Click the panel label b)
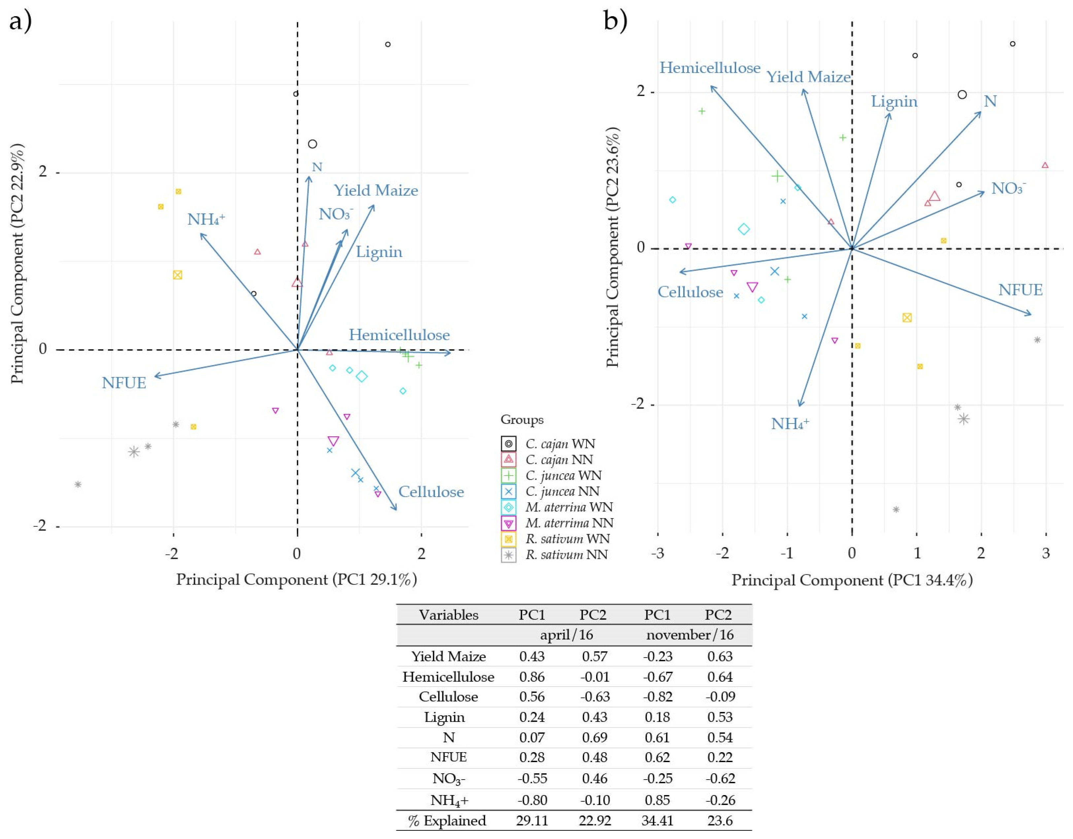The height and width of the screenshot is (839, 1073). (615, 21)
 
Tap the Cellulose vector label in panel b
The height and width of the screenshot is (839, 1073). (690, 292)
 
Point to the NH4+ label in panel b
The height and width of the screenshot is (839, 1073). (789, 424)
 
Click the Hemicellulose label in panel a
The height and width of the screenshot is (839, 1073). (399, 335)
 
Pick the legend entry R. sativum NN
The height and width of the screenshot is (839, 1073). (566, 554)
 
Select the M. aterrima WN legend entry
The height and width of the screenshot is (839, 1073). (568, 507)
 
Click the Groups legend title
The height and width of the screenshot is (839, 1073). (522, 419)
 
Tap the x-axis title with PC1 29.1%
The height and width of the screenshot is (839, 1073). (296, 580)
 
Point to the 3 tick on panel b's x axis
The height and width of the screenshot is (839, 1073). (1046, 554)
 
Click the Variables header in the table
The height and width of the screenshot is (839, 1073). (448, 615)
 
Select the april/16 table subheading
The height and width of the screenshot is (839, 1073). (566, 635)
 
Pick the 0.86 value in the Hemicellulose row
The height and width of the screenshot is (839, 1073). (532, 677)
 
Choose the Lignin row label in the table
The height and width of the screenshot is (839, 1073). (444, 717)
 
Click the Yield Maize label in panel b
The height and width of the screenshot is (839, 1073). (808, 77)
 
